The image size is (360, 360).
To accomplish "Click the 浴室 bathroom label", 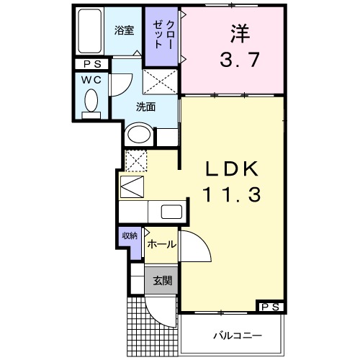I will click(125, 30).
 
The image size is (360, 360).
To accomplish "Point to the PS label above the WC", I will click(91, 65).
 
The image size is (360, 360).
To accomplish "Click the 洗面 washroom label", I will click(146, 107).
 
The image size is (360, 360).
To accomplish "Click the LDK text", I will click(232, 171).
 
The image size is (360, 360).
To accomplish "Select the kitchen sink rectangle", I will click(171, 212).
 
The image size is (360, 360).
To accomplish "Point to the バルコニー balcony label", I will click(236, 336).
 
